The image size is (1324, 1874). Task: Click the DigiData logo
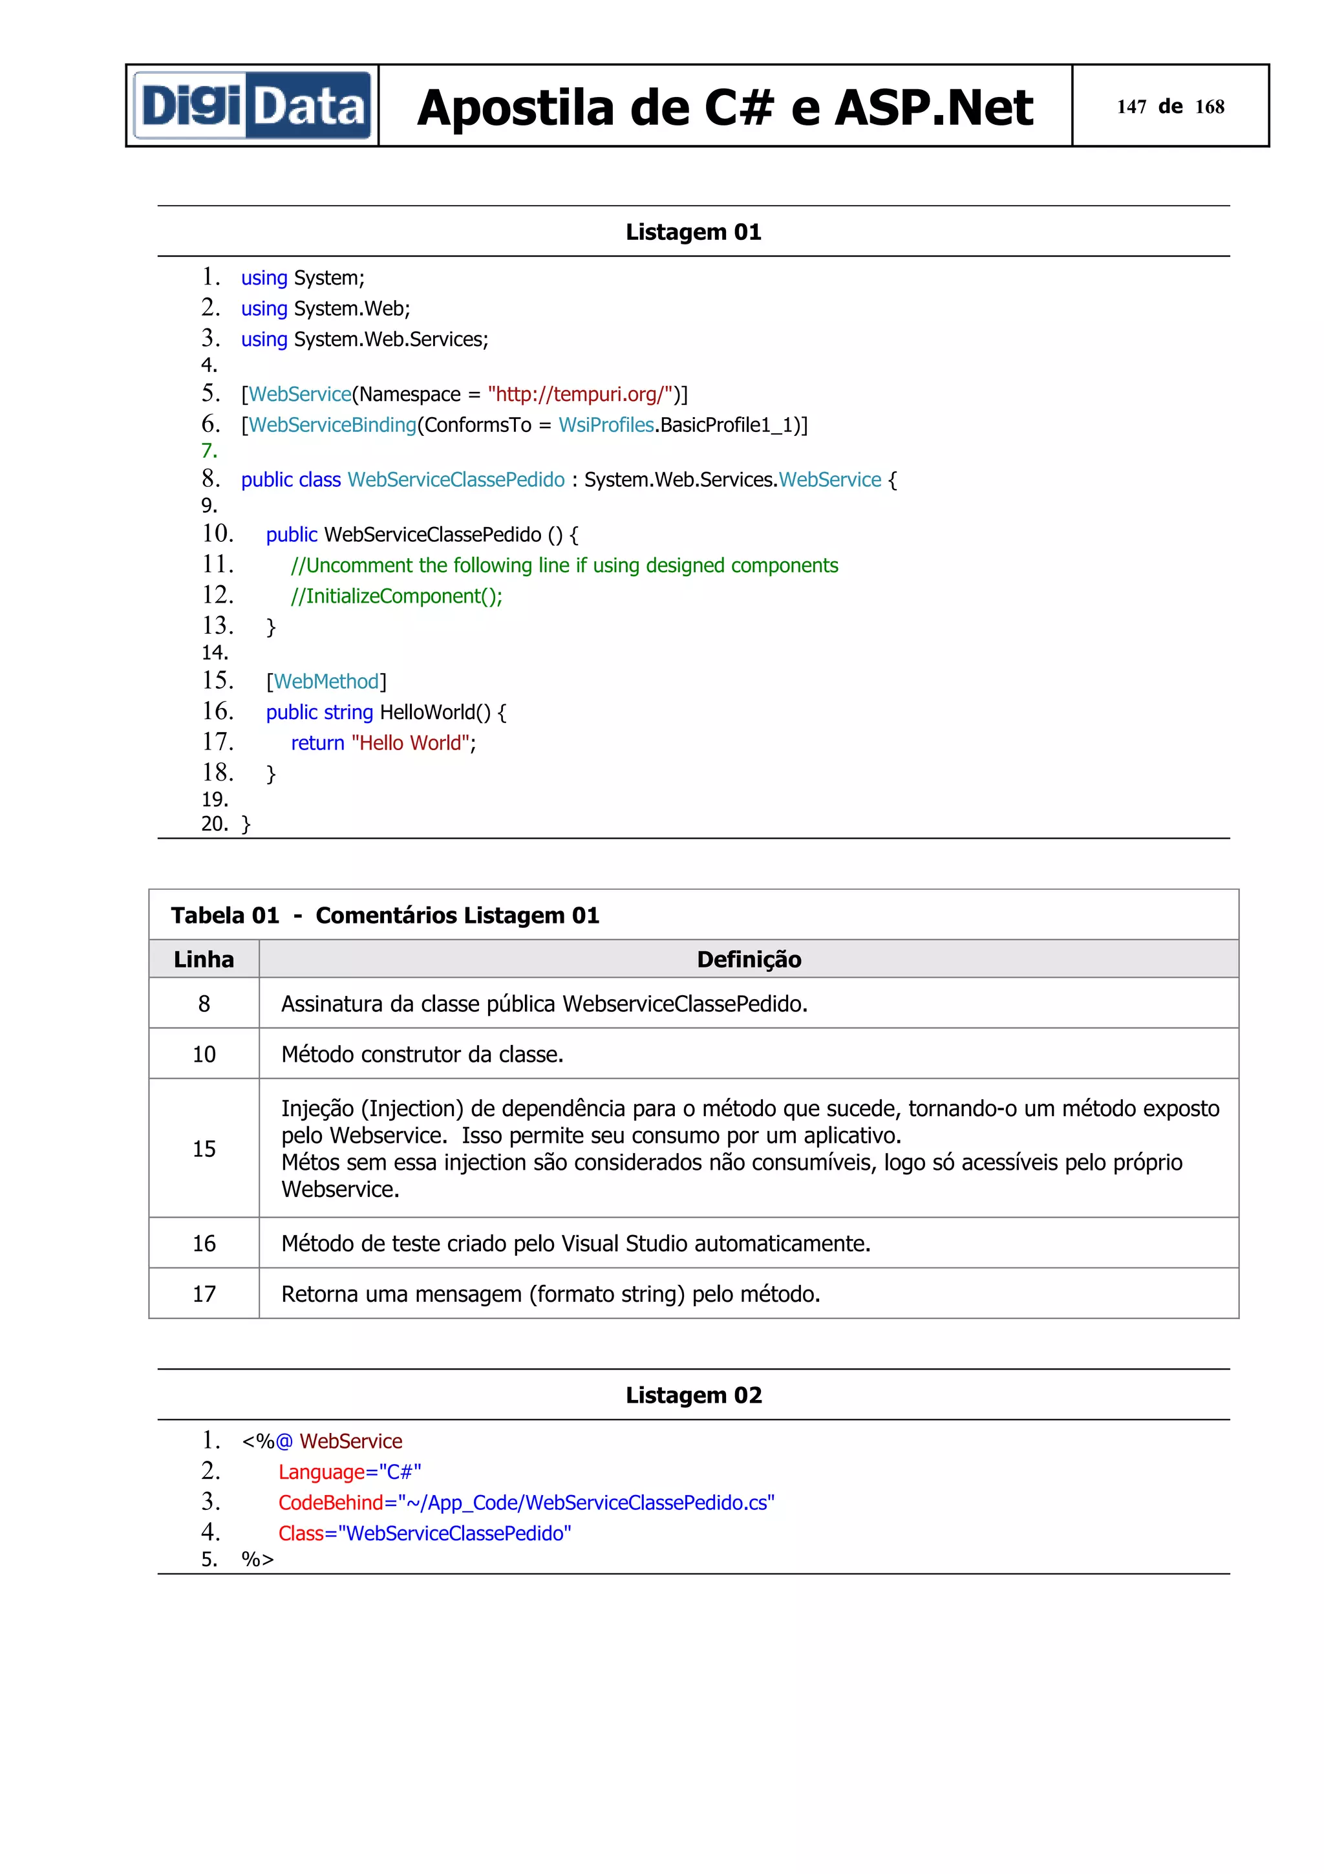(252, 106)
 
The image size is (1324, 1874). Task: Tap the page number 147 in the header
(1131, 107)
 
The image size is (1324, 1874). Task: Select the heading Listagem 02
(694, 1395)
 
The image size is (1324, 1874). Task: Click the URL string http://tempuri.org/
(580, 394)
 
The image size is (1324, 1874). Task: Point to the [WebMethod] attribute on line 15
(326, 682)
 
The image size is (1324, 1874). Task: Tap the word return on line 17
(317, 743)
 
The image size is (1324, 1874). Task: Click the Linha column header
(204, 959)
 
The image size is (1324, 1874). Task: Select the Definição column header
(748, 959)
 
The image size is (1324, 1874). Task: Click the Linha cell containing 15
(204, 1148)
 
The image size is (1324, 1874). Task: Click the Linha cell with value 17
(204, 1294)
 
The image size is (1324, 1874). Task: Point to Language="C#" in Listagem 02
(349, 1472)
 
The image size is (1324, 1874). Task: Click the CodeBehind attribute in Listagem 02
(330, 1503)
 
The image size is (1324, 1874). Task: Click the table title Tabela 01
(225, 915)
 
